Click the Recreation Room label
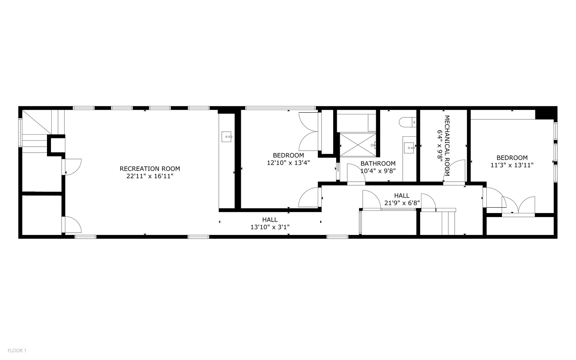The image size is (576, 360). click(x=150, y=169)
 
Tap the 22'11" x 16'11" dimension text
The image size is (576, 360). click(x=150, y=176)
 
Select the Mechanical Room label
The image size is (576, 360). click(x=447, y=146)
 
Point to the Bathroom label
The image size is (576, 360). click(x=378, y=163)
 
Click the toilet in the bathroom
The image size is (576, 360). click(x=408, y=122)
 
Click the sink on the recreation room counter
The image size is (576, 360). click(x=227, y=137)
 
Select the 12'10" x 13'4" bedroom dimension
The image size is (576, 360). click(x=288, y=163)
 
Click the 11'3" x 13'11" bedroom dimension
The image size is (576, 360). click(x=512, y=165)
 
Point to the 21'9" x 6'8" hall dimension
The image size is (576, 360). click(x=402, y=203)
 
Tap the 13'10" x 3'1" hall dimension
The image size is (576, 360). click(x=270, y=227)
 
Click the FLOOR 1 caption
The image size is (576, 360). click(x=17, y=350)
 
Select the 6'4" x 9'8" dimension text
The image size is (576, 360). click(x=440, y=146)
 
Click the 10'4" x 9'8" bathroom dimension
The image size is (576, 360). click(x=378, y=171)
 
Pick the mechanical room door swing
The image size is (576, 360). click(x=454, y=171)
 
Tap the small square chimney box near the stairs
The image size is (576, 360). click(x=56, y=145)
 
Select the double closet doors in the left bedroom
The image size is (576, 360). click(x=309, y=132)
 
